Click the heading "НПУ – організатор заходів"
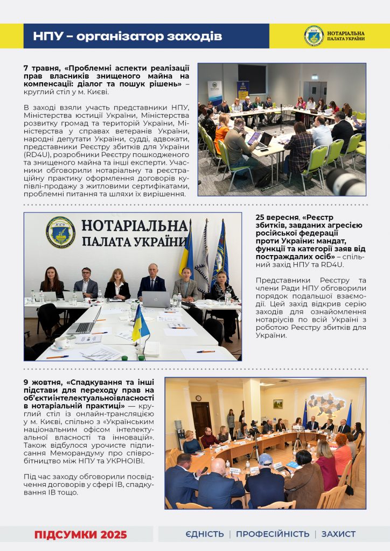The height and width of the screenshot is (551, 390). click(127, 37)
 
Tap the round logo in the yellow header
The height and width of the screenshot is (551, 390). click(314, 36)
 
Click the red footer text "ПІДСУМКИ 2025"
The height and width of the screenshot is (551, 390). click(81, 534)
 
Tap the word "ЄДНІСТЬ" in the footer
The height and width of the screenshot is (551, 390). click(204, 534)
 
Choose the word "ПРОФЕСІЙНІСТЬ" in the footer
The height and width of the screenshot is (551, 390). click(273, 534)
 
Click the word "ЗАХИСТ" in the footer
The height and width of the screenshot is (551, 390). click(338, 534)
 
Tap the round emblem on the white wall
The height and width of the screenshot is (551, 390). click(60, 232)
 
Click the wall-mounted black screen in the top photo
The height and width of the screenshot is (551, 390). click(252, 79)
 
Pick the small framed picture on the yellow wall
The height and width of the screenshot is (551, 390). click(278, 404)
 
